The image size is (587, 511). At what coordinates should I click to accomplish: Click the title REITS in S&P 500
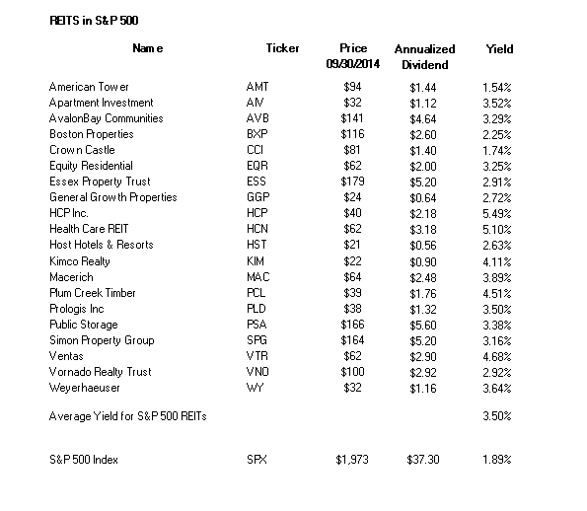(94, 20)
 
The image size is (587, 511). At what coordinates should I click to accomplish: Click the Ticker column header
(282, 48)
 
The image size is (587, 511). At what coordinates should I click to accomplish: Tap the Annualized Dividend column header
(425, 57)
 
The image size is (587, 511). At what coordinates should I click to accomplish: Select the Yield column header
(500, 49)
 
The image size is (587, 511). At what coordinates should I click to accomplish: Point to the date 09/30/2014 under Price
(353, 64)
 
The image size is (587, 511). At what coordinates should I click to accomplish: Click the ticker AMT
(257, 87)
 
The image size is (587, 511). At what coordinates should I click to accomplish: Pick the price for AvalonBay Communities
(352, 118)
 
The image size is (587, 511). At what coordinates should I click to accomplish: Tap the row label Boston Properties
(92, 134)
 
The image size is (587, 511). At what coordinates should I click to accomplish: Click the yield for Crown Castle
(497, 151)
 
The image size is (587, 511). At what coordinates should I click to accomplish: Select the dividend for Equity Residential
(423, 166)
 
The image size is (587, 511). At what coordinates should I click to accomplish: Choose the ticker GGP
(258, 197)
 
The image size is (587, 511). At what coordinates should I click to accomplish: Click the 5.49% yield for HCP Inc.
(497, 214)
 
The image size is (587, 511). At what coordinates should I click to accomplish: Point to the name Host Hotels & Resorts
(102, 245)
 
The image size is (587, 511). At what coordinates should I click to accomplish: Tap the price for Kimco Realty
(352, 261)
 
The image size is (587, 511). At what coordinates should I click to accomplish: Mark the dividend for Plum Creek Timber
(423, 294)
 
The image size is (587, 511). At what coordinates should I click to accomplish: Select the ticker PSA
(257, 325)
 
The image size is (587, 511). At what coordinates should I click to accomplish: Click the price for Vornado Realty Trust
(352, 372)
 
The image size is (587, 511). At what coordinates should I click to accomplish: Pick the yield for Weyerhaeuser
(497, 389)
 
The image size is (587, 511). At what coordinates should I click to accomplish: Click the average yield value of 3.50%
(497, 416)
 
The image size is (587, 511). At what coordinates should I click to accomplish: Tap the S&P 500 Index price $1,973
(352, 460)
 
